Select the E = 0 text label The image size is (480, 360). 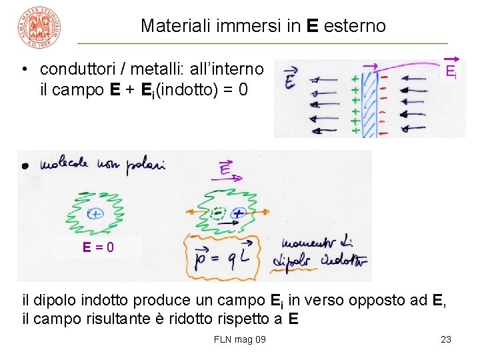(x=98, y=247)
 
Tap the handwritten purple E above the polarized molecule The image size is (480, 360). (x=225, y=171)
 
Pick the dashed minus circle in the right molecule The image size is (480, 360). (x=217, y=213)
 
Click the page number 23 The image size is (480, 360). (x=446, y=339)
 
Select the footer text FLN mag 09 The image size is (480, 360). (x=240, y=339)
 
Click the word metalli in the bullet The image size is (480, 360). (x=156, y=69)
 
